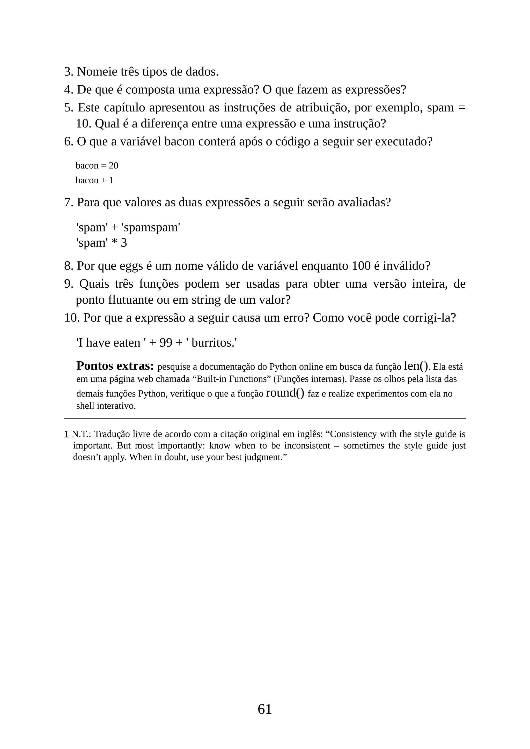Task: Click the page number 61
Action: [265, 709]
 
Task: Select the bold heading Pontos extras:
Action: [115, 366]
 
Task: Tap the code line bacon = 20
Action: [97, 166]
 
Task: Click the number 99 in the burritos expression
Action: [166, 343]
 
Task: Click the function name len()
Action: [416, 366]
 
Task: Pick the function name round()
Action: [285, 393]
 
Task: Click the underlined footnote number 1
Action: [66, 434]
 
